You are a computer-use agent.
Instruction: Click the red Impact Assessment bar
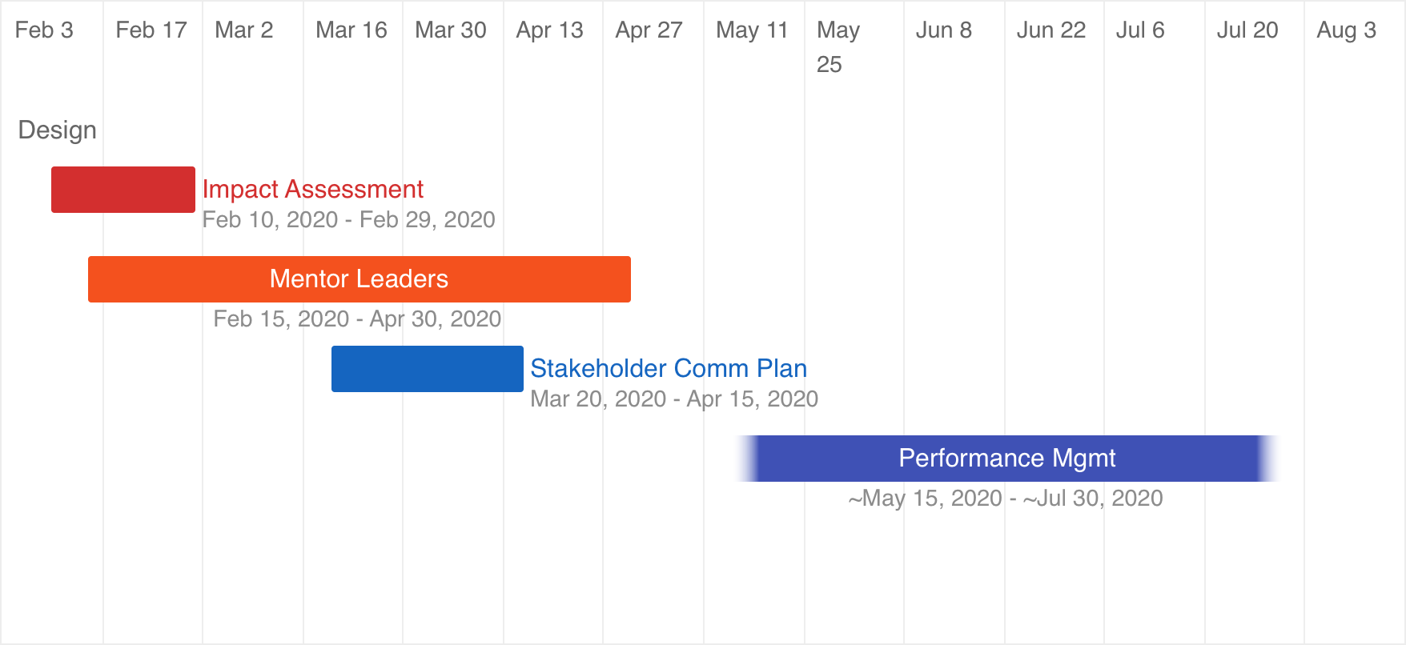pyautogui.click(x=123, y=190)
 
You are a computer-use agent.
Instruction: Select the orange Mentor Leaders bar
pyautogui.click(x=360, y=279)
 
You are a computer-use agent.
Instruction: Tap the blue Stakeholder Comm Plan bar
pyautogui.click(x=428, y=369)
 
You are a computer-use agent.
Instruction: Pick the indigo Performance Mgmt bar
pyautogui.click(x=1007, y=459)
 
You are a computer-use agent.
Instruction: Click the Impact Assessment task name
pyautogui.click(x=313, y=189)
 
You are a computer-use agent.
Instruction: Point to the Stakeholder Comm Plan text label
pyautogui.click(x=669, y=368)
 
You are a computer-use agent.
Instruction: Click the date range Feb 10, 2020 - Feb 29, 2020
pyautogui.click(x=349, y=219)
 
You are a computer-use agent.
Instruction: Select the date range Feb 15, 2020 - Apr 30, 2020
pyautogui.click(x=357, y=318)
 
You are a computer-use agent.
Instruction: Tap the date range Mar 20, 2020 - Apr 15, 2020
pyautogui.click(x=674, y=399)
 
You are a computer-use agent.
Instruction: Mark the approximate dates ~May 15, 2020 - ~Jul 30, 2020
pyautogui.click(x=1006, y=498)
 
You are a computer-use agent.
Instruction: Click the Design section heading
pyautogui.click(x=58, y=130)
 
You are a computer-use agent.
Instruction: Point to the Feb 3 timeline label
pyautogui.click(x=44, y=30)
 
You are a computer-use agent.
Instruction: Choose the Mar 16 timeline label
pyautogui.click(x=351, y=30)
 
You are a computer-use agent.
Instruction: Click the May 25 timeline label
pyautogui.click(x=838, y=47)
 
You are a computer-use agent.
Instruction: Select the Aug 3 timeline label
pyautogui.click(x=1347, y=30)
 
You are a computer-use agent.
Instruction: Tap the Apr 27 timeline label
pyautogui.click(x=649, y=30)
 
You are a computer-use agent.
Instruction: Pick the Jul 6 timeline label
pyautogui.click(x=1140, y=30)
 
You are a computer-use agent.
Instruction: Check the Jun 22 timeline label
pyautogui.click(x=1051, y=30)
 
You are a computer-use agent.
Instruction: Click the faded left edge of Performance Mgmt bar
pyautogui.click(x=747, y=459)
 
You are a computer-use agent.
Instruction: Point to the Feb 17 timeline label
pyautogui.click(x=151, y=30)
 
